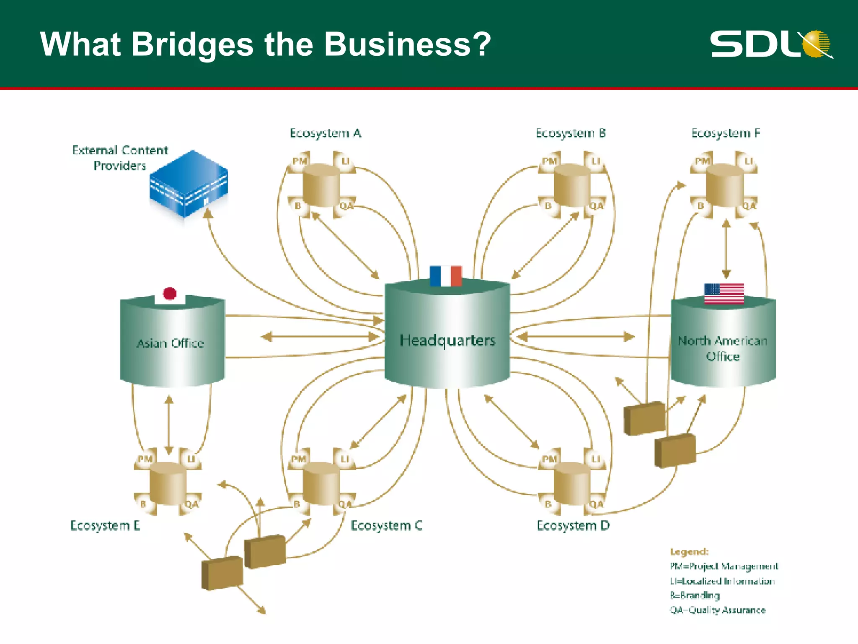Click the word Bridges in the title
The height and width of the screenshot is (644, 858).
[x=192, y=44]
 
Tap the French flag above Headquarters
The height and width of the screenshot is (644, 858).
[x=446, y=276]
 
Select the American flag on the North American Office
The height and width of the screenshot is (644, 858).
[x=724, y=293]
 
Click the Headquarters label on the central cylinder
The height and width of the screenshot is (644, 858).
[x=447, y=340]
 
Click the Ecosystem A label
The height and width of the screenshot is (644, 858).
[x=326, y=133]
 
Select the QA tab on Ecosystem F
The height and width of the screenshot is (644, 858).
[x=749, y=206]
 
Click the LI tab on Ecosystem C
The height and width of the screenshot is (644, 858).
[x=345, y=459]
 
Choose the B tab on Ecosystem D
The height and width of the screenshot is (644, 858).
[x=548, y=504]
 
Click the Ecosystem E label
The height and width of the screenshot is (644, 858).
[x=105, y=525]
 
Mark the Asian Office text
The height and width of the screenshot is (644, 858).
[x=170, y=343]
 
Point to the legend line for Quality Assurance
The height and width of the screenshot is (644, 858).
[x=718, y=610]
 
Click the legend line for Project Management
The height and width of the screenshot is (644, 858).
[x=724, y=566]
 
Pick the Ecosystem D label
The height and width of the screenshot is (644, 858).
[x=573, y=525]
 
